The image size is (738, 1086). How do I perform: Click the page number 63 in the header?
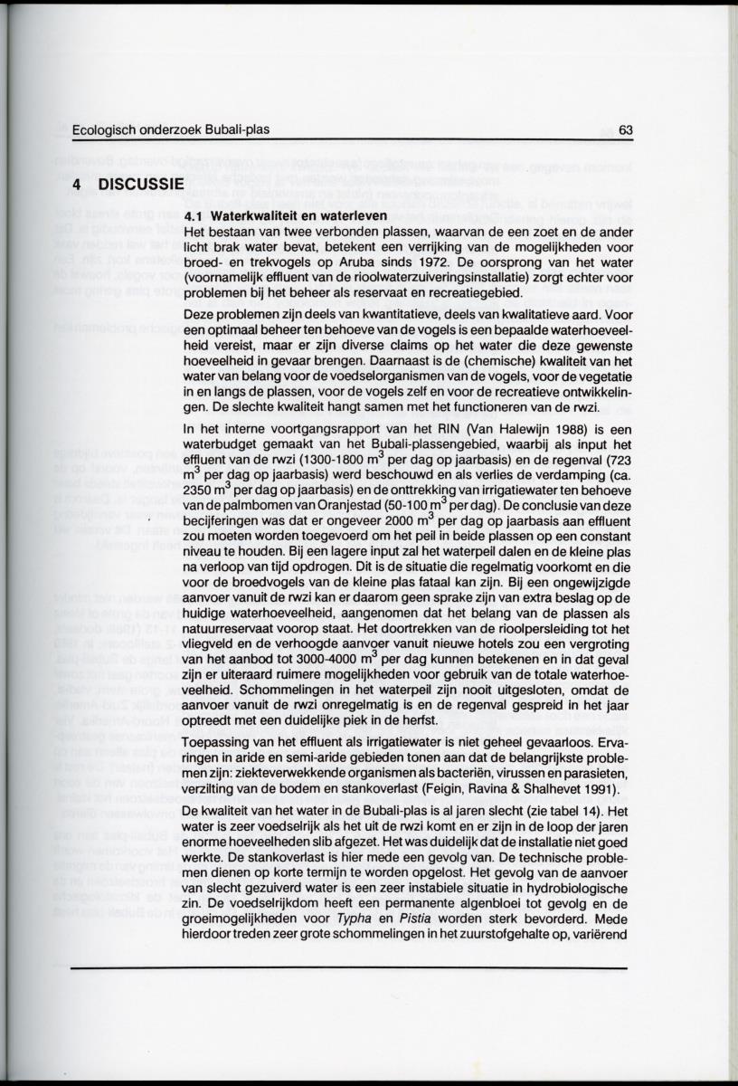(x=625, y=129)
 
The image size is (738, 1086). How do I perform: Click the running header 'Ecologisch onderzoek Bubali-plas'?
(x=170, y=129)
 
